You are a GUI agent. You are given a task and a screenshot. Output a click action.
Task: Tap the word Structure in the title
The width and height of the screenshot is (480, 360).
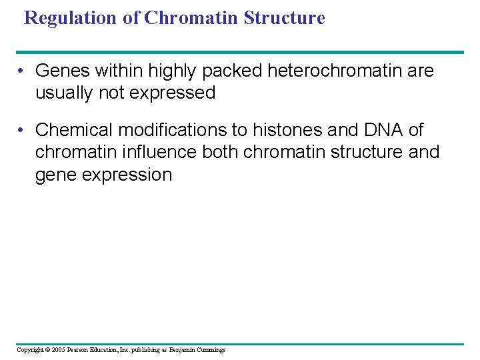click(x=284, y=18)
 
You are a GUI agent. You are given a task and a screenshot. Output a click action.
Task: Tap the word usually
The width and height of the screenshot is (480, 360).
click(x=62, y=93)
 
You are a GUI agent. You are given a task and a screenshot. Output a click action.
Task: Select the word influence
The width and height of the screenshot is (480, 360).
click(x=157, y=153)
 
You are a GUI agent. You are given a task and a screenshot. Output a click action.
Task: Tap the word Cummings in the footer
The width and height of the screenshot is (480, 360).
click(x=211, y=350)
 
